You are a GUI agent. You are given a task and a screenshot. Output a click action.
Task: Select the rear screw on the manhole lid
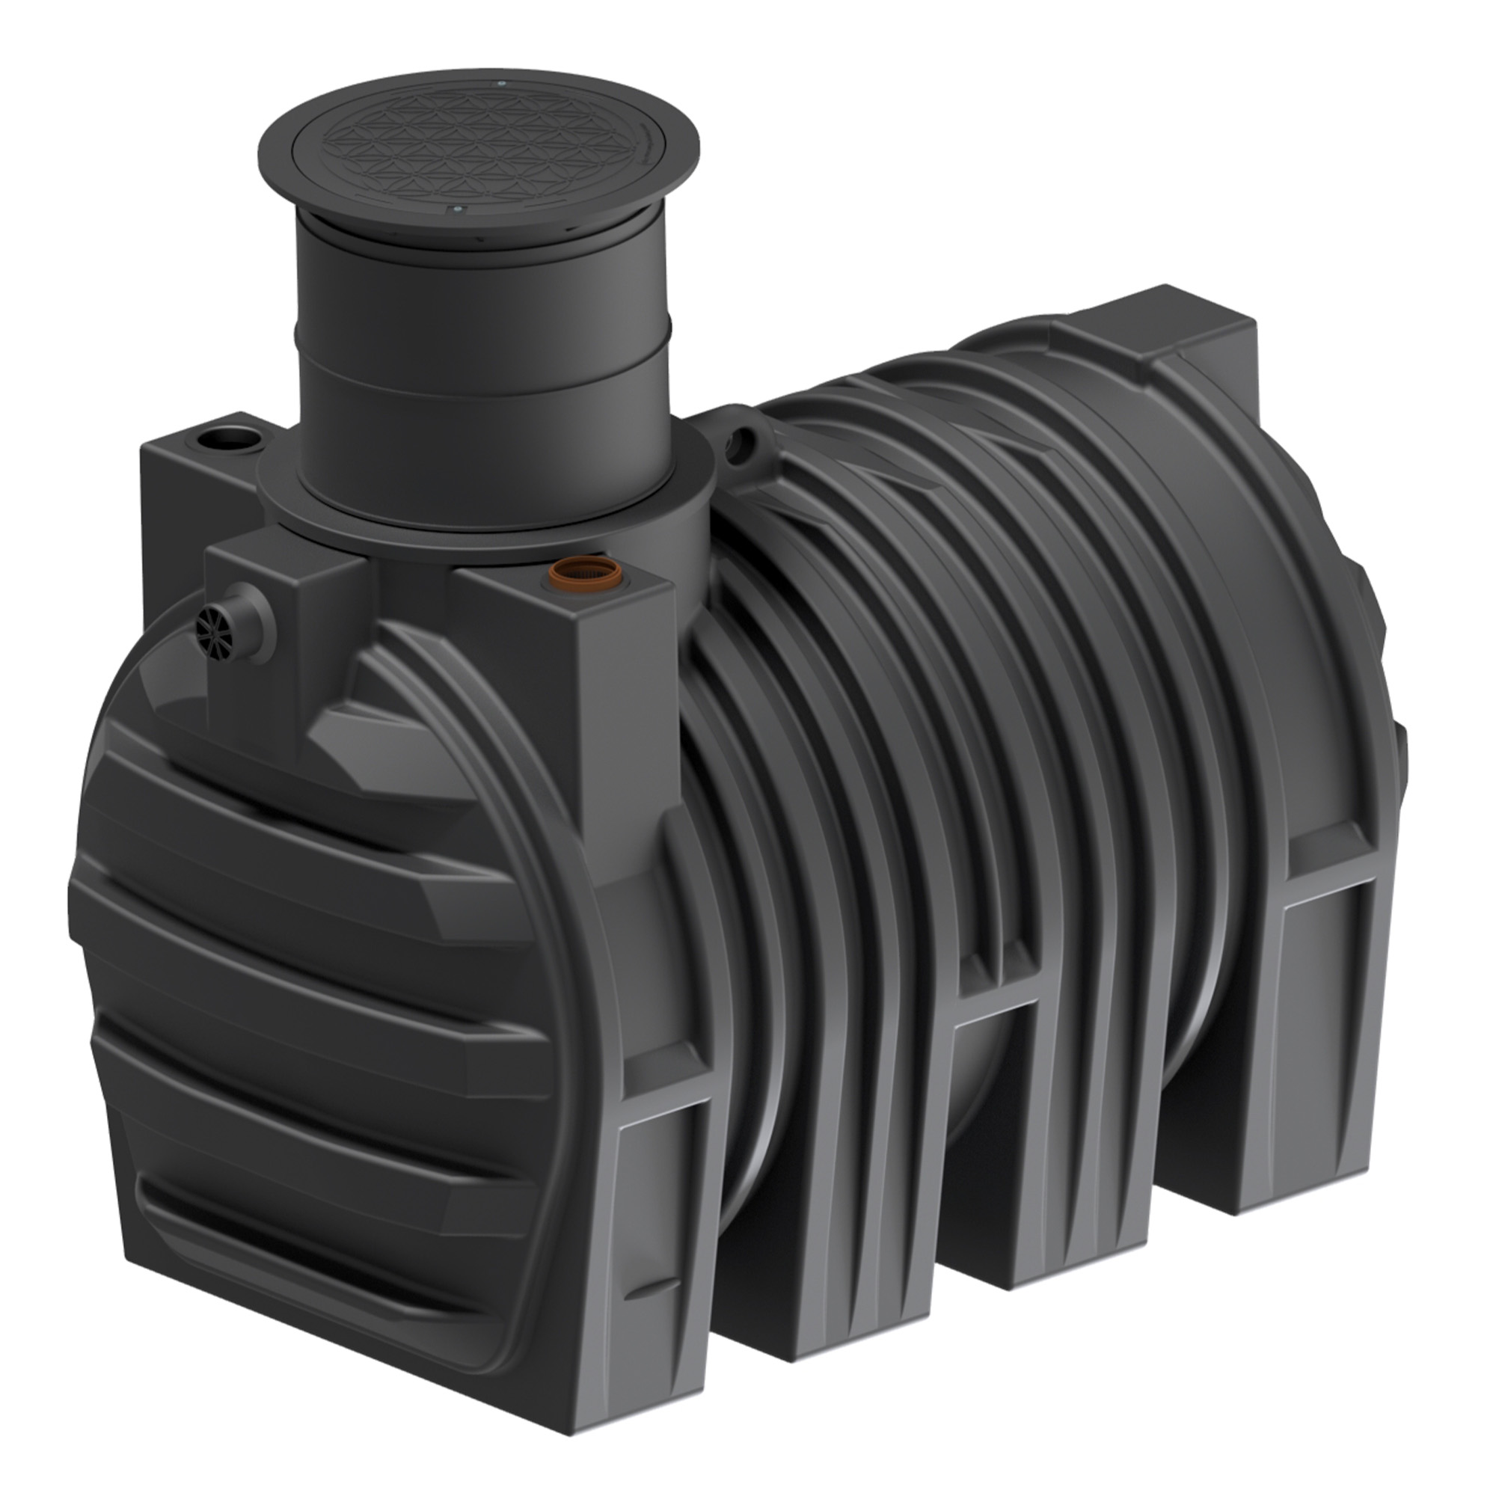501,83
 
